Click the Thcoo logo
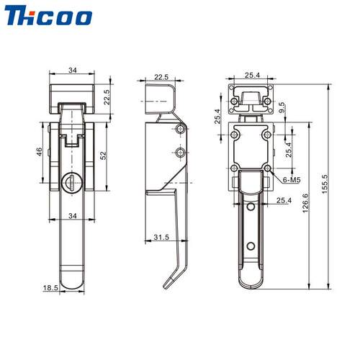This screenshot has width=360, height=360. pos(48,16)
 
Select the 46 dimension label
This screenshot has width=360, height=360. pos(39,152)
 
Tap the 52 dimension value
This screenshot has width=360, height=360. pos(103,156)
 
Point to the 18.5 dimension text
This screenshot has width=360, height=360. pos(50,287)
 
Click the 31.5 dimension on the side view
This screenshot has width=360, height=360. pos(161,237)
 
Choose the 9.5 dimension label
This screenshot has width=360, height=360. pos(282,107)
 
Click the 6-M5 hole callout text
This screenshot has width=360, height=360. pos(292,179)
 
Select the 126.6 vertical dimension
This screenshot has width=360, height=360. pos(305,203)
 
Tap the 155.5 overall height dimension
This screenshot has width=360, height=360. pos(324,184)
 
